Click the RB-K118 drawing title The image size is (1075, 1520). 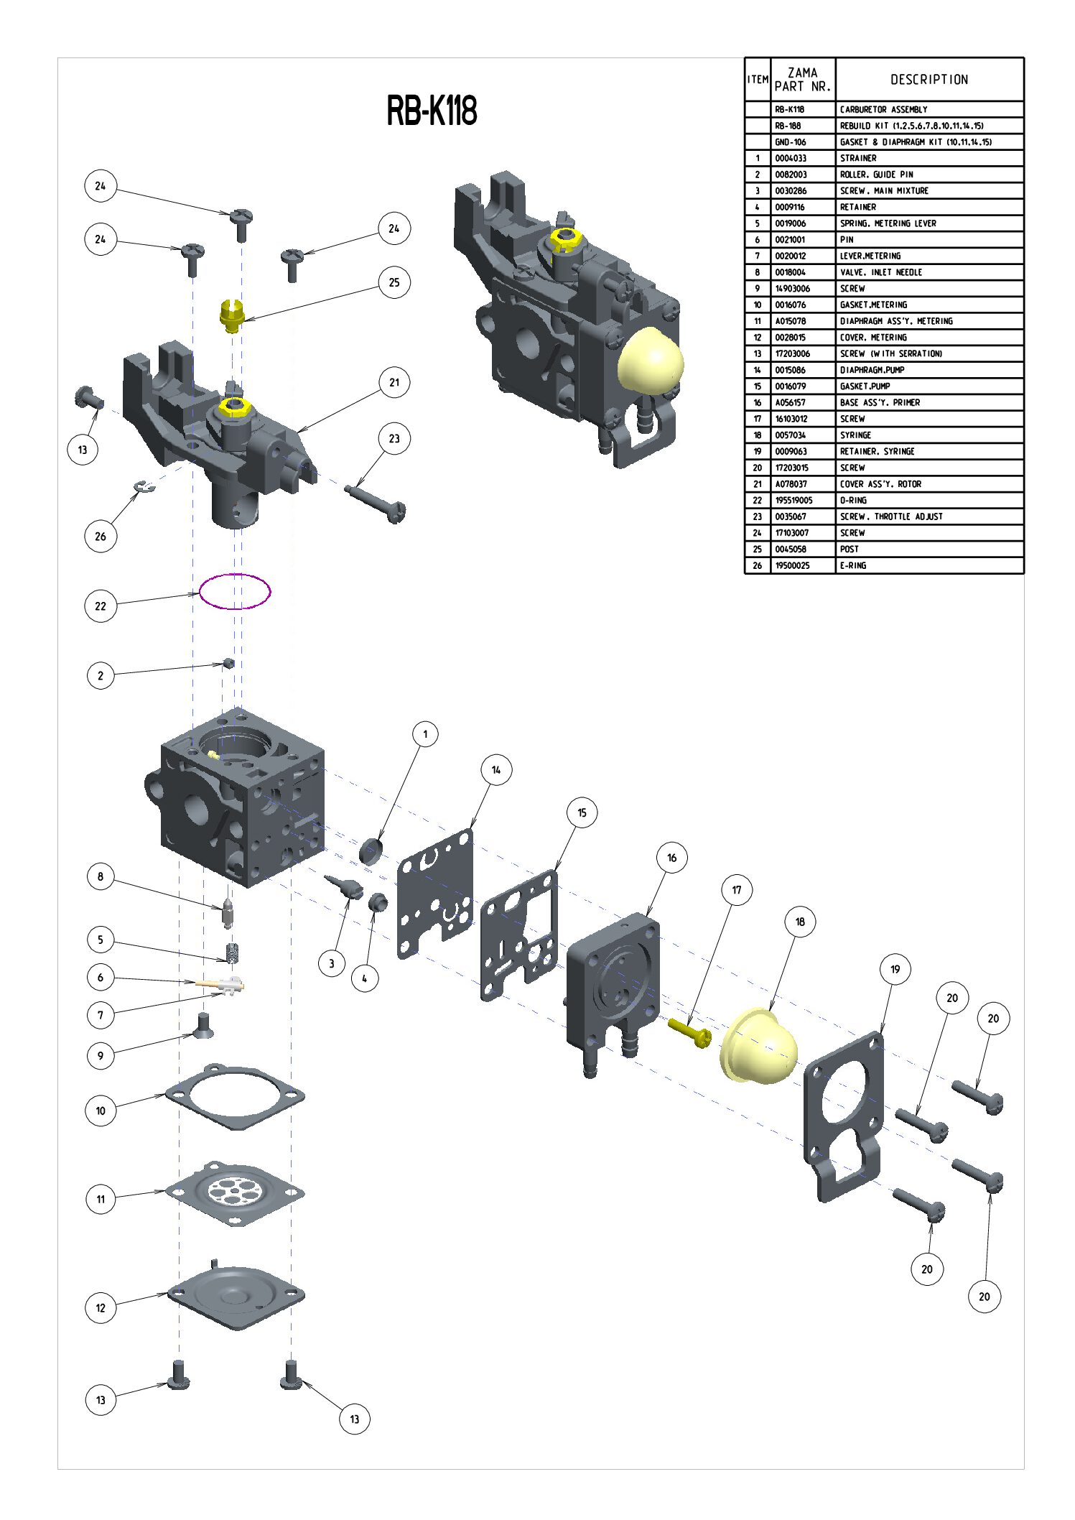(x=432, y=111)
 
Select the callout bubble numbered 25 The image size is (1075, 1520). (x=394, y=282)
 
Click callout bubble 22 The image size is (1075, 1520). (x=101, y=606)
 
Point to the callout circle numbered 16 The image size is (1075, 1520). (x=671, y=857)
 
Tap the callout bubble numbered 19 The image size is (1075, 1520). (x=895, y=969)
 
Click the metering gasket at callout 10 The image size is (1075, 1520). (x=235, y=1096)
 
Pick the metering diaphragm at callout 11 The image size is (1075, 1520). (x=235, y=1192)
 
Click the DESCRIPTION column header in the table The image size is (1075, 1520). (x=929, y=80)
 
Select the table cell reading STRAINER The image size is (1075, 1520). (x=858, y=158)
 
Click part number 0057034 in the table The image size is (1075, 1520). (x=790, y=435)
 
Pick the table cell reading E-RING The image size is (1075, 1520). (x=853, y=565)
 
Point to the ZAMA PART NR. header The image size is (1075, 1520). (x=803, y=80)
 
